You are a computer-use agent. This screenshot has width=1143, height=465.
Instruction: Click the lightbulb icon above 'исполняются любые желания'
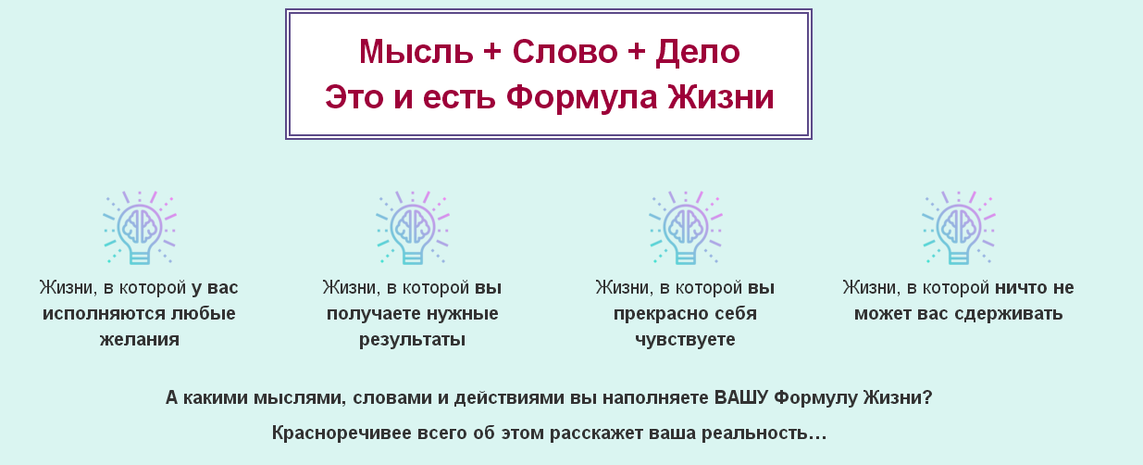coord(139,228)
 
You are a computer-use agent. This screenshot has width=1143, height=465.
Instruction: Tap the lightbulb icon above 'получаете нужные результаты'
coord(412,228)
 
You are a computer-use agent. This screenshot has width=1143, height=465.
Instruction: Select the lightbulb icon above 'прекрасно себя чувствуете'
coord(685,228)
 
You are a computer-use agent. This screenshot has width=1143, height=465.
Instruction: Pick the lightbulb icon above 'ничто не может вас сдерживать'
coord(958,228)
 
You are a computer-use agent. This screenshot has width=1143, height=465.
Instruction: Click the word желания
coord(139,340)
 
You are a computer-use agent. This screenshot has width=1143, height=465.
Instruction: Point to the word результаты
coord(412,340)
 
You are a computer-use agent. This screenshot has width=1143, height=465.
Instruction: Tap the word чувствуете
coord(685,340)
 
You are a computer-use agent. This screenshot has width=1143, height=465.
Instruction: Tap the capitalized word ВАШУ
coord(741,398)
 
